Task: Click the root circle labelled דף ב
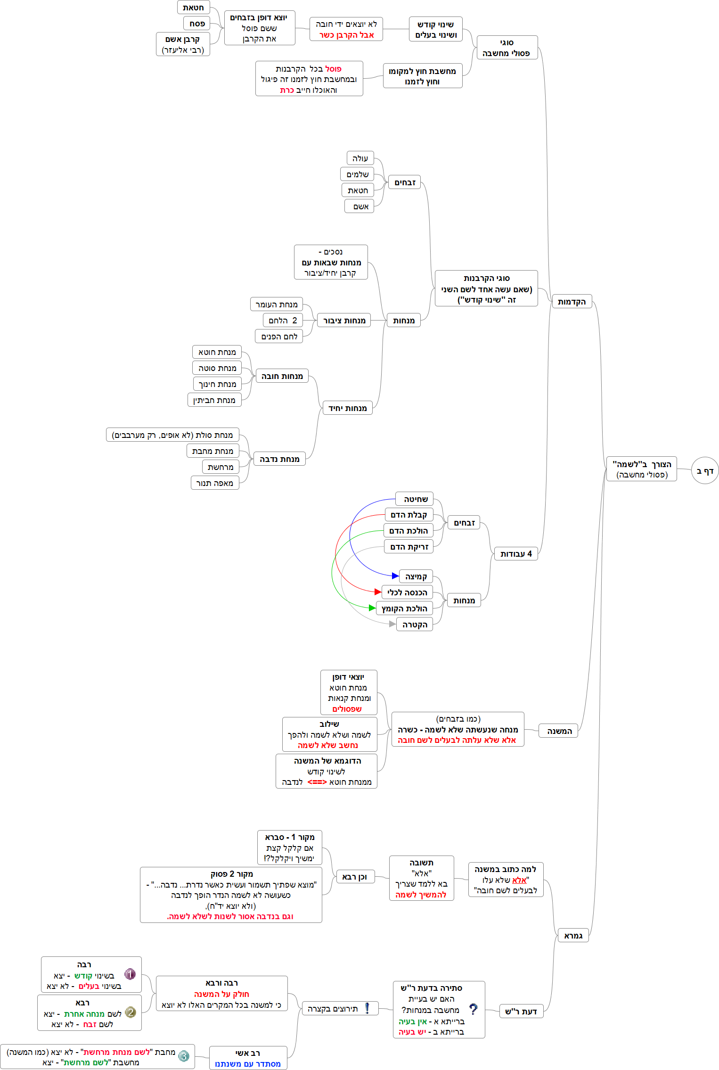(x=705, y=470)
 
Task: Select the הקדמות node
(x=572, y=302)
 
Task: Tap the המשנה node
(x=559, y=731)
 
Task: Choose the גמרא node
(x=573, y=936)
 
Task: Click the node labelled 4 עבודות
(x=516, y=554)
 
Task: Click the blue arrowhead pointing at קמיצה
(x=395, y=576)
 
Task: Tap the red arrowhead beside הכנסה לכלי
(x=377, y=592)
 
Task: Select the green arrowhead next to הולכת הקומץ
(x=372, y=608)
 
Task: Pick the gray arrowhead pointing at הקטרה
(x=392, y=624)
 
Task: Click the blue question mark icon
(x=473, y=1009)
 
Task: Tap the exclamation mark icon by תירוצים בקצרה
(x=367, y=1008)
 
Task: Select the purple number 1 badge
(x=130, y=974)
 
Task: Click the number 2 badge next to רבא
(x=131, y=1012)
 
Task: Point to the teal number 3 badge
(x=184, y=1056)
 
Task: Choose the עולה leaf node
(x=360, y=158)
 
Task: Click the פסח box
(x=197, y=24)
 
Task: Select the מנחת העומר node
(x=276, y=305)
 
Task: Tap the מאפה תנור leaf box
(x=215, y=483)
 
